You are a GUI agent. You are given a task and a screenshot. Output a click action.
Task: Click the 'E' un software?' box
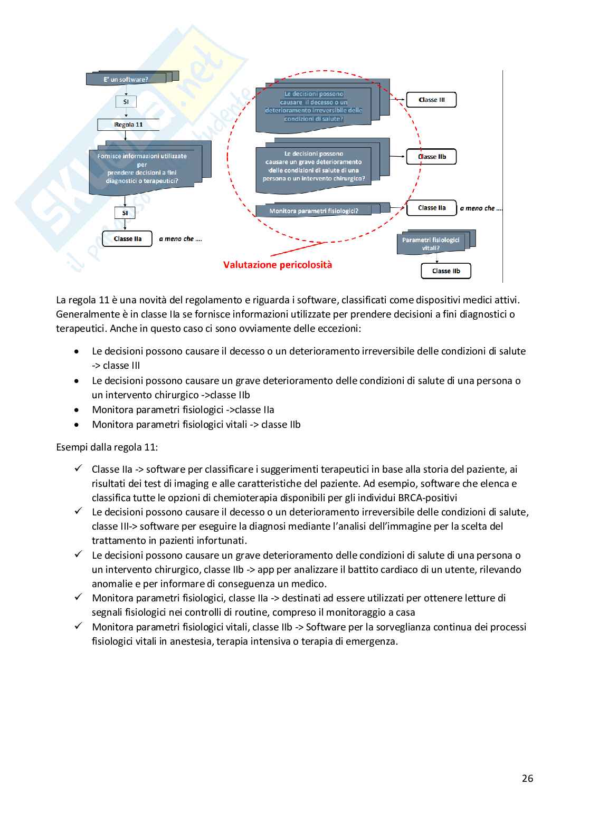126,79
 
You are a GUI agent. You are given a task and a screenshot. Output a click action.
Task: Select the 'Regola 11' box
128,125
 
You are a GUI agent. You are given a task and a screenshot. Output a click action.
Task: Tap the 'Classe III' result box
431,100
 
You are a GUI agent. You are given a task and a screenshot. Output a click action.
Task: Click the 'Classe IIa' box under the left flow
127,238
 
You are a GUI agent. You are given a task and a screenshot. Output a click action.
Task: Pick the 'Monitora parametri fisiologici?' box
313,211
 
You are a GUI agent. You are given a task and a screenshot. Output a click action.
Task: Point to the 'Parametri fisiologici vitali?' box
431,243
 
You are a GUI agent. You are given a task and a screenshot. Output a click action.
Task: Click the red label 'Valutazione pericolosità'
278,265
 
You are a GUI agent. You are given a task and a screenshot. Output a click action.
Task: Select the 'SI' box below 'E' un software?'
126,101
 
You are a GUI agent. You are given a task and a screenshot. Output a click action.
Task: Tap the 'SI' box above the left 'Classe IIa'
125,213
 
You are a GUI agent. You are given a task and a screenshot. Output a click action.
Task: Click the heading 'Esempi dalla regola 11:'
107,447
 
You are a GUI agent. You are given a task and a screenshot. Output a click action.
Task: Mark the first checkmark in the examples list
78,468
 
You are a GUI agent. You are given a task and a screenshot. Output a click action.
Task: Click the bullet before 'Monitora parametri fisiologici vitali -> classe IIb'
78,425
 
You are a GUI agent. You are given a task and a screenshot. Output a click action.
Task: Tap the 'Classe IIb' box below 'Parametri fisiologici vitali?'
446,271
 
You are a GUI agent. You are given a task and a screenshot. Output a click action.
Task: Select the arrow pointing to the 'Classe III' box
397,99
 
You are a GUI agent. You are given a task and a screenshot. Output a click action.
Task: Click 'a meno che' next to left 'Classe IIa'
180,239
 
